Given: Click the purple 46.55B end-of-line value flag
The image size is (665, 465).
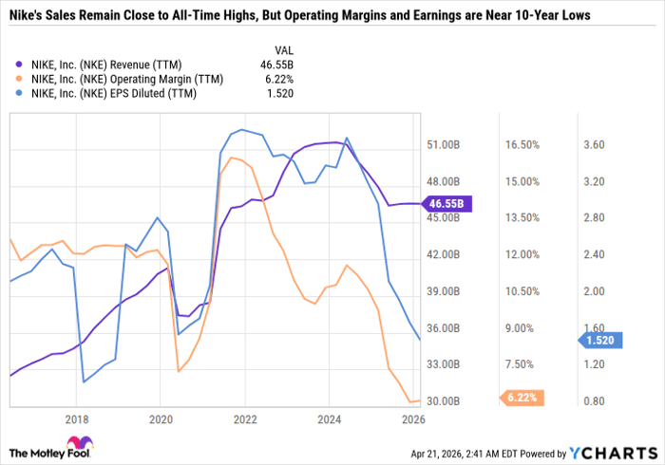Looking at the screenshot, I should point(447,204).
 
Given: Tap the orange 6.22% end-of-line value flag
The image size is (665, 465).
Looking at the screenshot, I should point(518,399).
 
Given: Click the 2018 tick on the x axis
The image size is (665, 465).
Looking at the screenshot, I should point(77,418).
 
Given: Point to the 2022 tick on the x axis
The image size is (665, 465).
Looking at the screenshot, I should point(245,418).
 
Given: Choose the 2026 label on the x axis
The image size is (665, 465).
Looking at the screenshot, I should point(412,418).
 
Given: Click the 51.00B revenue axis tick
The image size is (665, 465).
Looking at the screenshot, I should point(444,145).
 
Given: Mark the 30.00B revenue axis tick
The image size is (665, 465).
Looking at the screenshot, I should point(444,401).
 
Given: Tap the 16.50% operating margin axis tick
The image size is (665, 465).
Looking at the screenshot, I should point(522,145).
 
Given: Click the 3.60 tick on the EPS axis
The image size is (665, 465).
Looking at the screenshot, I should point(595,145).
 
